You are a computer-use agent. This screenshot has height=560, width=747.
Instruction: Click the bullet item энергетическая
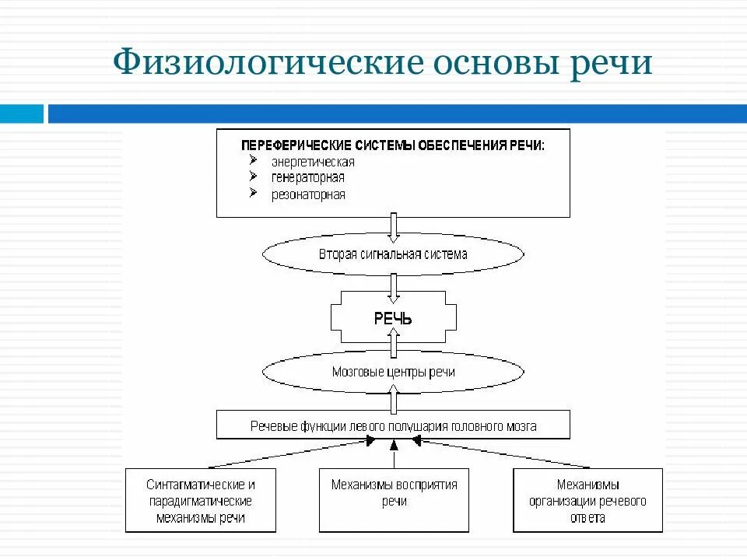[313, 162]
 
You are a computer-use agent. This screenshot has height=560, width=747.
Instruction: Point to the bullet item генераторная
[308, 178]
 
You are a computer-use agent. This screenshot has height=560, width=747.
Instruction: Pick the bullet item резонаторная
[308, 194]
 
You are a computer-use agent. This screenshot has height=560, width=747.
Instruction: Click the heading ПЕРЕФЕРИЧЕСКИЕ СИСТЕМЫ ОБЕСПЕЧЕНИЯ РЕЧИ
[393, 145]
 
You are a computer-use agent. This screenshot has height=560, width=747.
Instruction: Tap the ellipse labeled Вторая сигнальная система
[393, 254]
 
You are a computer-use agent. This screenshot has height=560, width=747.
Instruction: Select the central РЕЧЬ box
[393, 318]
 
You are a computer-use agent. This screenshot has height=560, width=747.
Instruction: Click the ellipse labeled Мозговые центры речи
[393, 372]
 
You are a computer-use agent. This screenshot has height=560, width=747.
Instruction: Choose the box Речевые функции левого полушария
[393, 426]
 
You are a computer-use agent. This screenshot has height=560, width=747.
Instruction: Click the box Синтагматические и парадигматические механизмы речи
[200, 500]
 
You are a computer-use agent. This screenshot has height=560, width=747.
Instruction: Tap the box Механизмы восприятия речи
[394, 500]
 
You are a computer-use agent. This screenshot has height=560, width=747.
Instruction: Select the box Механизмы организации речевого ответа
[587, 500]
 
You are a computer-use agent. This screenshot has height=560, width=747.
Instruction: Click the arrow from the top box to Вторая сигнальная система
[394, 226]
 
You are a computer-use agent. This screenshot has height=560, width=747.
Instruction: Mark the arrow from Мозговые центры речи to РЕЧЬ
[394, 342]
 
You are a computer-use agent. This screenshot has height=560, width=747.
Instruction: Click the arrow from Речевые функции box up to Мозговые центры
[394, 400]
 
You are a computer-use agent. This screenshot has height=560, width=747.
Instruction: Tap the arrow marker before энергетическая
[253, 160]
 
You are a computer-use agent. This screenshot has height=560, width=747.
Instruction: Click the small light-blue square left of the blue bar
[22, 114]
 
